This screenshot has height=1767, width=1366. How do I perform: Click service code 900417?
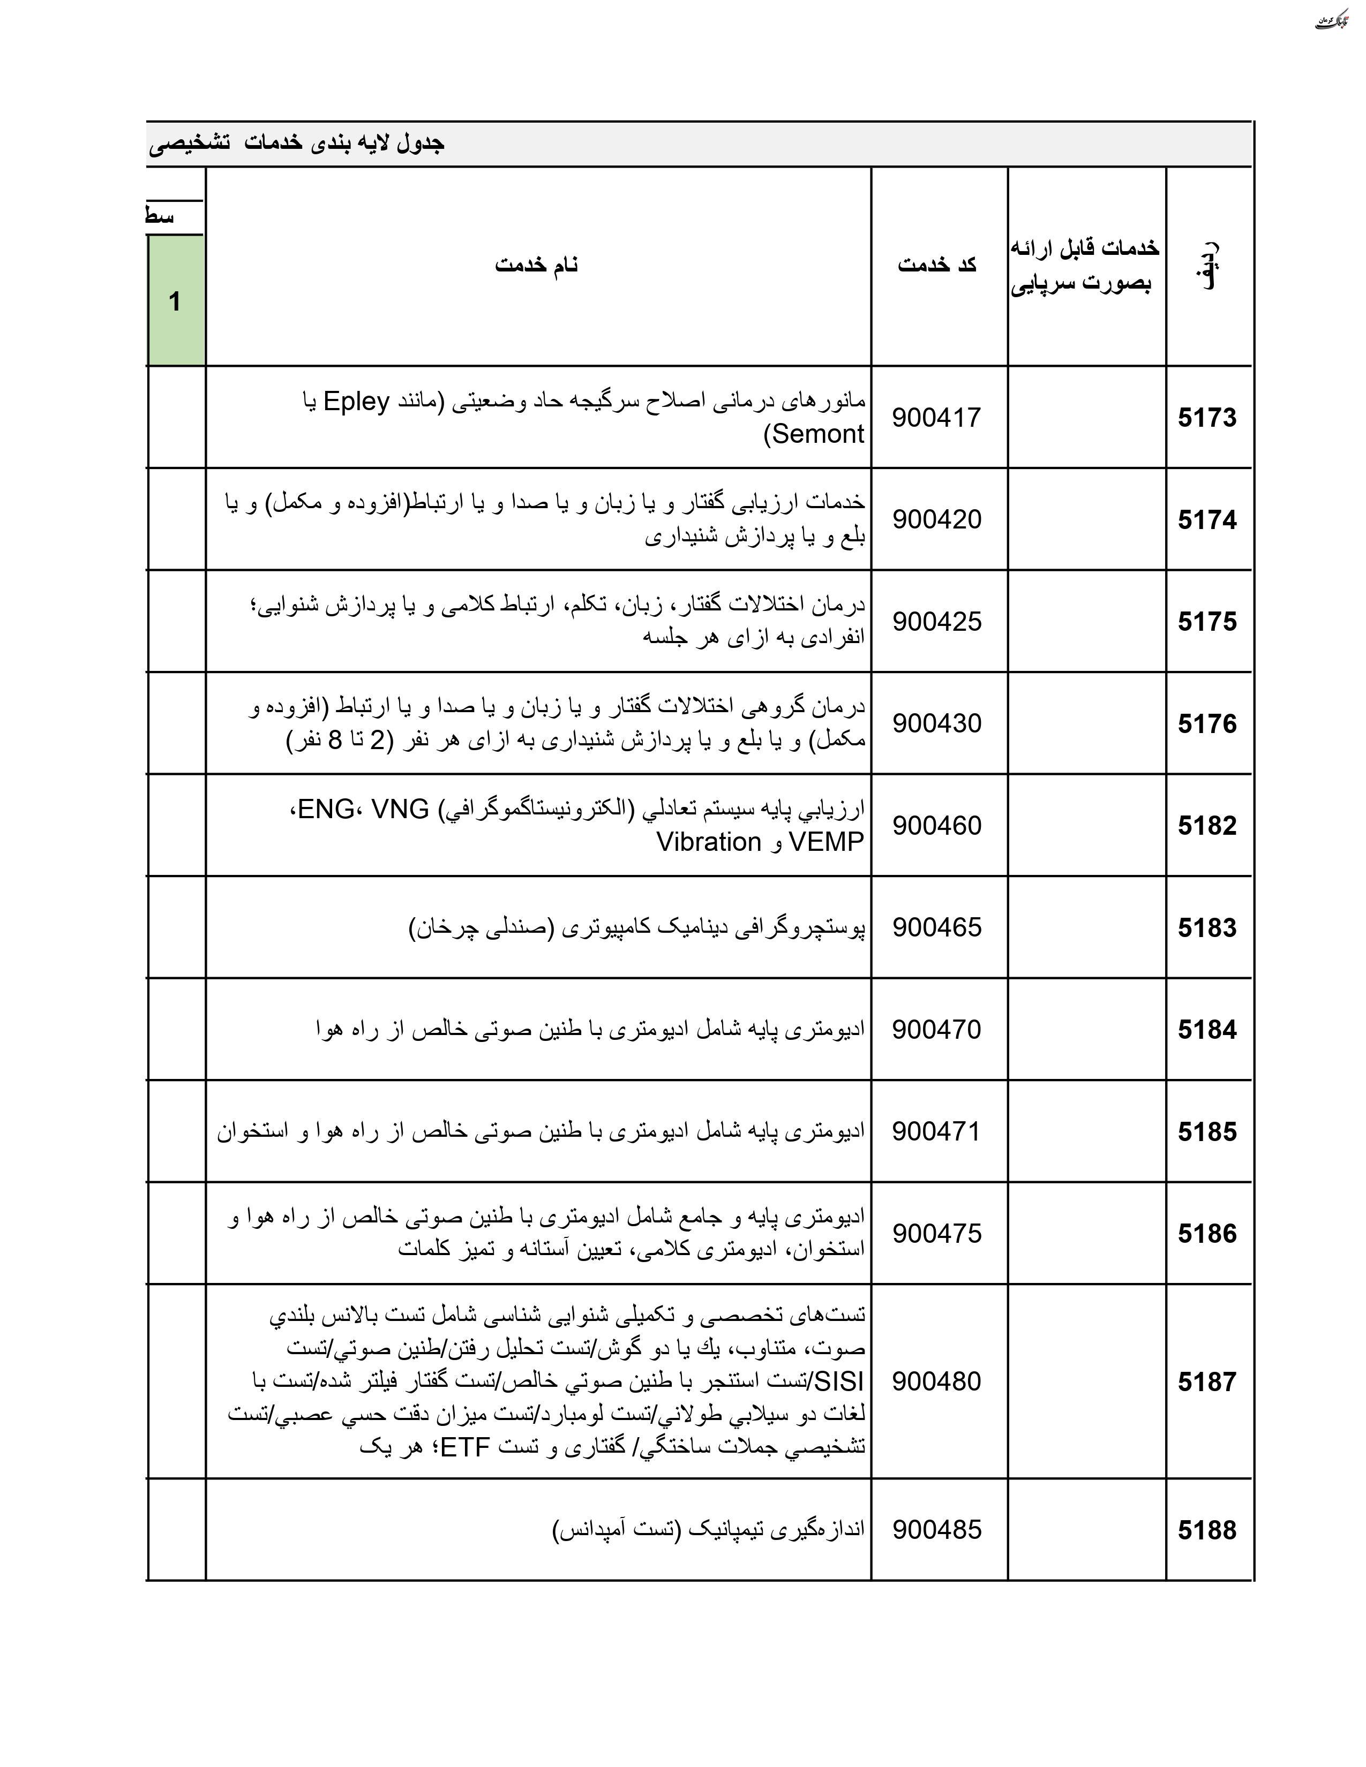click(x=936, y=418)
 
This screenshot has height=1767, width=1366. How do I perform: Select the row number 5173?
click(x=1206, y=418)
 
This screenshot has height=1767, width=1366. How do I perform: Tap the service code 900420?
click(x=936, y=519)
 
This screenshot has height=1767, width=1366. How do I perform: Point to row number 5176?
click(x=1206, y=723)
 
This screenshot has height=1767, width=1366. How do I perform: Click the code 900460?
click(x=936, y=825)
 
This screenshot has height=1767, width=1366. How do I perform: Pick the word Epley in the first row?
click(x=356, y=401)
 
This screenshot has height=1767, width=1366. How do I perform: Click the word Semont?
click(x=818, y=434)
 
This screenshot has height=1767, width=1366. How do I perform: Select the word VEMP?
click(x=826, y=842)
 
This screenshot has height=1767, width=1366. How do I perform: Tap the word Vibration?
click(x=709, y=842)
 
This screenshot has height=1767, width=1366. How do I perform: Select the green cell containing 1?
click(x=175, y=301)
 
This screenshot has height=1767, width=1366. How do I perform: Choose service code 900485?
click(x=936, y=1529)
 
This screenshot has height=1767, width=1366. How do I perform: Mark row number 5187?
click(x=1206, y=1381)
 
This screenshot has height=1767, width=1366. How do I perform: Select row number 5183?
click(x=1206, y=927)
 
